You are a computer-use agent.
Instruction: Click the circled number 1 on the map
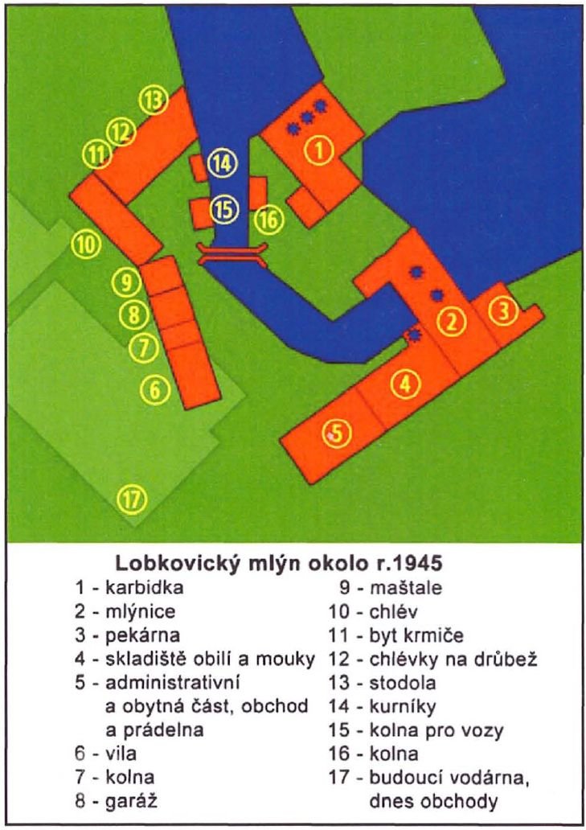pos(319,150)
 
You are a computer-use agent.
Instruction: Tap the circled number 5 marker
pos(337,433)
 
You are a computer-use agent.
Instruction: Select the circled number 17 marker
pos(132,499)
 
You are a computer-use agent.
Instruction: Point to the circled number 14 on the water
pos(223,163)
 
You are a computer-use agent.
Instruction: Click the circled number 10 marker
pos(86,244)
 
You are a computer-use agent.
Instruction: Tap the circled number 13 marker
pos(154,100)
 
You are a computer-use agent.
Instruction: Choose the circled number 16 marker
pos(268,219)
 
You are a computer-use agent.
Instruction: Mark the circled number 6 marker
pos(155,390)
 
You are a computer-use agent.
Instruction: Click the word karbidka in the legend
pos(145,587)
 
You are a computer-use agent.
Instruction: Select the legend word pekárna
pos(143,635)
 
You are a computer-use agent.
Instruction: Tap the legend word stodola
pos(403,682)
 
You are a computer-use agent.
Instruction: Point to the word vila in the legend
pos(121,754)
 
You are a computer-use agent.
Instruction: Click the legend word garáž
pos(132,801)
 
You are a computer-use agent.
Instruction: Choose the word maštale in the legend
pos(406,587)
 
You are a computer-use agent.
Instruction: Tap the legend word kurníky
pos(403,707)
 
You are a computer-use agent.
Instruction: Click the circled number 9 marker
pos(126,282)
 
